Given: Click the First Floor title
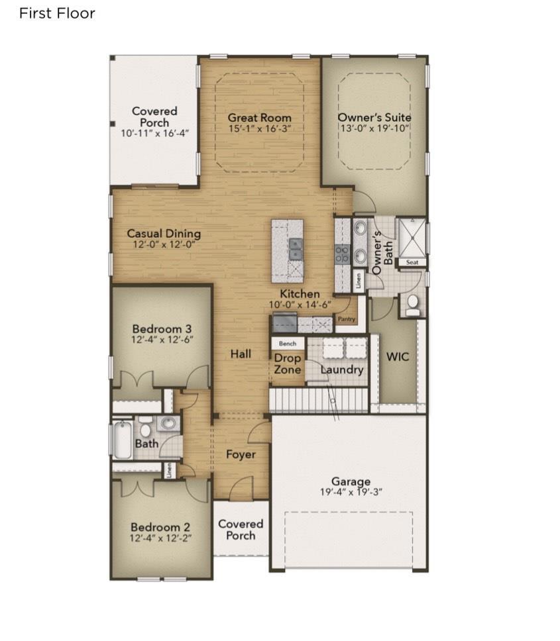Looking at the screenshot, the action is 57,13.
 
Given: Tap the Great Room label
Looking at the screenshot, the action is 259,118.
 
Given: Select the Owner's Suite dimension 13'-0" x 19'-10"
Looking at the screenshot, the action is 374,128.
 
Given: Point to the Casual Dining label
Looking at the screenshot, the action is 164,234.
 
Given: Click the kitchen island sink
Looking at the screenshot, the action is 295,249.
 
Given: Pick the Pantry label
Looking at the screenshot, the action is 347,319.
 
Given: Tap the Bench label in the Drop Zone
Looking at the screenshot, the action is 288,344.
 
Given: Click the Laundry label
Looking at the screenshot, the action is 342,370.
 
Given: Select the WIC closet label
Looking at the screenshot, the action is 398,356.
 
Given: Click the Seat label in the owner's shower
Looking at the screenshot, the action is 412,262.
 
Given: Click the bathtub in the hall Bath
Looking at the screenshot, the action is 123,440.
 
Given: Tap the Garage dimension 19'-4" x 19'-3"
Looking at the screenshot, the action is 351,492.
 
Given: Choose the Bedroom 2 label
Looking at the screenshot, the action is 160,527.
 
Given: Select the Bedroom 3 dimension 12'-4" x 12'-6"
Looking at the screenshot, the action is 162,339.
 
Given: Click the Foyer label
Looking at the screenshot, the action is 241,454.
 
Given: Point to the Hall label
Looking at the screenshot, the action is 241,354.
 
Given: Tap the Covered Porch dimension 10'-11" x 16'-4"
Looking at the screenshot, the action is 154,133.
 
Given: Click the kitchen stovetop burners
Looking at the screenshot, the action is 343,254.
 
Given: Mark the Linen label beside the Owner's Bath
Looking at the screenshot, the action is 359,281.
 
